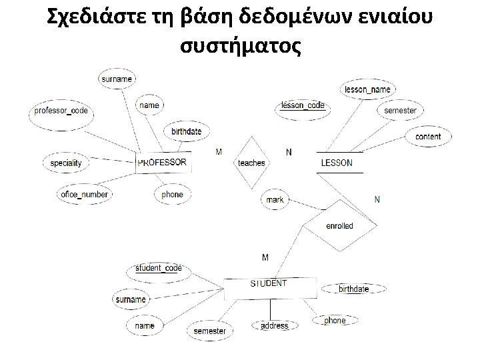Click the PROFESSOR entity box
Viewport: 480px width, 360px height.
(x=162, y=162)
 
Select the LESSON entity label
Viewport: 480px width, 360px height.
(x=337, y=163)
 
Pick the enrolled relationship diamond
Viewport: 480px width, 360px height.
(x=339, y=226)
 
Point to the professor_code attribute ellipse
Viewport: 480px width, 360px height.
(x=61, y=111)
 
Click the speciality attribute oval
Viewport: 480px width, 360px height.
(x=66, y=163)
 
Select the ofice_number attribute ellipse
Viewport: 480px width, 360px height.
(x=84, y=195)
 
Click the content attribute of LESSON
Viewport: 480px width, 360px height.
(x=427, y=137)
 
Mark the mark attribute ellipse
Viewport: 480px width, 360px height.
(x=275, y=199)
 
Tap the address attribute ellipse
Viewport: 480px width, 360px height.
(x=274, y=326)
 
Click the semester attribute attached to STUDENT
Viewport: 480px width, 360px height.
(x=210, y=331)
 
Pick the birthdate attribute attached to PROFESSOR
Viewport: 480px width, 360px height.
(x=186, y=131)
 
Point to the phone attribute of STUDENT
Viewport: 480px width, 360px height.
(x=335, y=321)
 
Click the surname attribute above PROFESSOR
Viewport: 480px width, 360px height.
(x=116, y=79)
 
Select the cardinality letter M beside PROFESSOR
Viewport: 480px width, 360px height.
(x=219, y=152)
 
